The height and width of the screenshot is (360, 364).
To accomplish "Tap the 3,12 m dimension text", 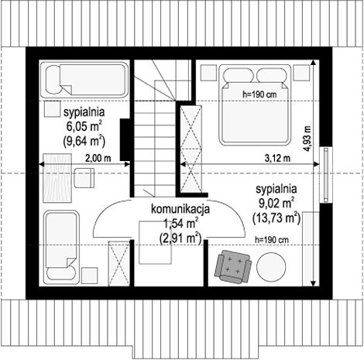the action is click(277, 158).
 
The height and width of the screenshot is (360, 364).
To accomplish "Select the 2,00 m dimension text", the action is click(98, 158).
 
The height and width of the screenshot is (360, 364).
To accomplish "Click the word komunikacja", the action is click(180, 209).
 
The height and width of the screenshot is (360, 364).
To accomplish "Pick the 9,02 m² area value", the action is click(276, 204).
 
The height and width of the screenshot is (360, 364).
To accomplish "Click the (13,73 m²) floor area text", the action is click(276, 218).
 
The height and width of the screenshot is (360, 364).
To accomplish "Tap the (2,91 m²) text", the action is click(180, 238).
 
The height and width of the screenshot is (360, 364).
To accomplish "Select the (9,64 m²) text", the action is click(84, 141).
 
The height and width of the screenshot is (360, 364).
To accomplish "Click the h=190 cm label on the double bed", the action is click(259, 94).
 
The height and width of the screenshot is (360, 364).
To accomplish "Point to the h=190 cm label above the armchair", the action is click(272, 240).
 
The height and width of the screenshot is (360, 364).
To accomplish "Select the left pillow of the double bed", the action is click(238, 76).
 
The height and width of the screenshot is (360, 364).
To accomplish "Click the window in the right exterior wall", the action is click(326, 175).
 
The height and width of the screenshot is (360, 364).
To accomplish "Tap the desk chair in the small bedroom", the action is click(84, 177).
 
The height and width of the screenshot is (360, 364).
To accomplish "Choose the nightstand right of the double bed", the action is click(301, 72).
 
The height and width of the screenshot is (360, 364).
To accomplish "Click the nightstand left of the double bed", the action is click(208, 72).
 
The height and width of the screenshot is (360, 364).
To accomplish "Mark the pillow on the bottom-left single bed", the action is click(61, 273).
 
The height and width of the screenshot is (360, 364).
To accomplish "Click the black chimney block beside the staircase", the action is click(125, 139).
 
